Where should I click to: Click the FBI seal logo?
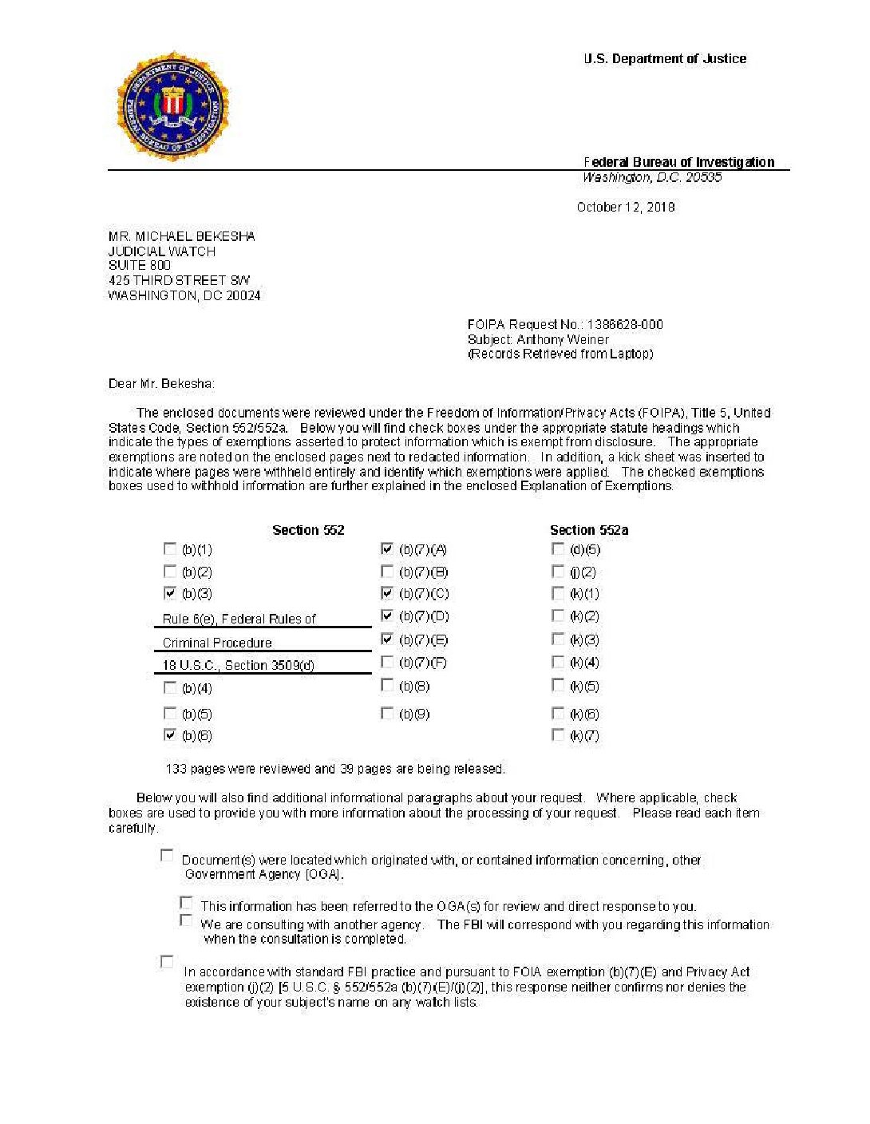tap(172, 107)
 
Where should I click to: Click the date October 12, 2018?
tap(626, 208)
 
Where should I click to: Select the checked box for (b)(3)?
tap(170, 593)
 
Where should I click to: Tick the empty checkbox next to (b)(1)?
tap(170, 549)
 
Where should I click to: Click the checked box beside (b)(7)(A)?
tap(387, 549)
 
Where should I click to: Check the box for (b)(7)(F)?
tap(387, 662)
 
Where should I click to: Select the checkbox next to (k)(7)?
tap(558, 735)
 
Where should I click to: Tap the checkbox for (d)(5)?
tap(558, 549)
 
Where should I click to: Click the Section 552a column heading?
tap(589, 530)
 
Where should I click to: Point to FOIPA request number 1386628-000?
tap(624, 324)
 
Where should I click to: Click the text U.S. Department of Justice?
tap(665, 59)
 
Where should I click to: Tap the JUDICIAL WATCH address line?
tap(162, 251)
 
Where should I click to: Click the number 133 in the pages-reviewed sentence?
tap(176, 770)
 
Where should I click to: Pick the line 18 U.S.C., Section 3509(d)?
tap(238, 666)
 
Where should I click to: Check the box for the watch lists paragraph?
tap(167, 962)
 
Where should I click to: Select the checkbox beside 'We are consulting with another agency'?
tap(186, 920)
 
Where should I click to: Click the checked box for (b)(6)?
tap(170, 735)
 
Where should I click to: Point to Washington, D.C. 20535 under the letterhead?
tap(652, 178)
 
